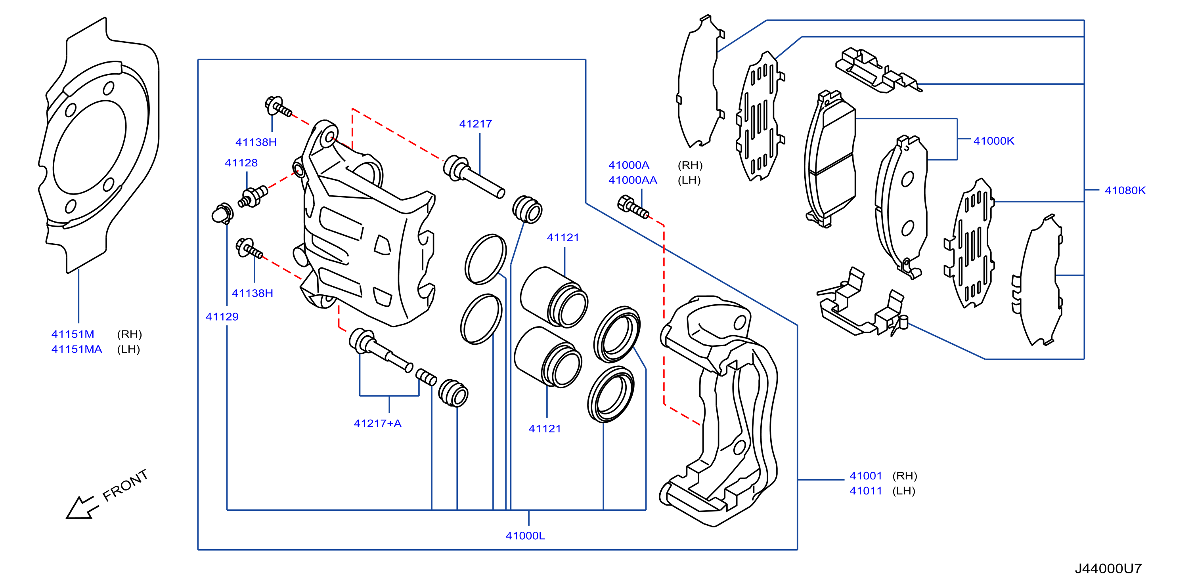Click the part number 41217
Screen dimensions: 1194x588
(476, 124)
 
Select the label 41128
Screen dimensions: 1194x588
(241, 162)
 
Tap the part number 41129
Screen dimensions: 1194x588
(222, 317)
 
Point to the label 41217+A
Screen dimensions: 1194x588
(377, 423)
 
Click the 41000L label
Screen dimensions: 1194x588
(525, 536)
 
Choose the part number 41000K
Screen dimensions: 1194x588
(994, 141)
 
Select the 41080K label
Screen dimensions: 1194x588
(1125, 191)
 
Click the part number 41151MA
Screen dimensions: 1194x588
(77, 349)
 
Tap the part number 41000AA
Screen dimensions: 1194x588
(633, 180)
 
